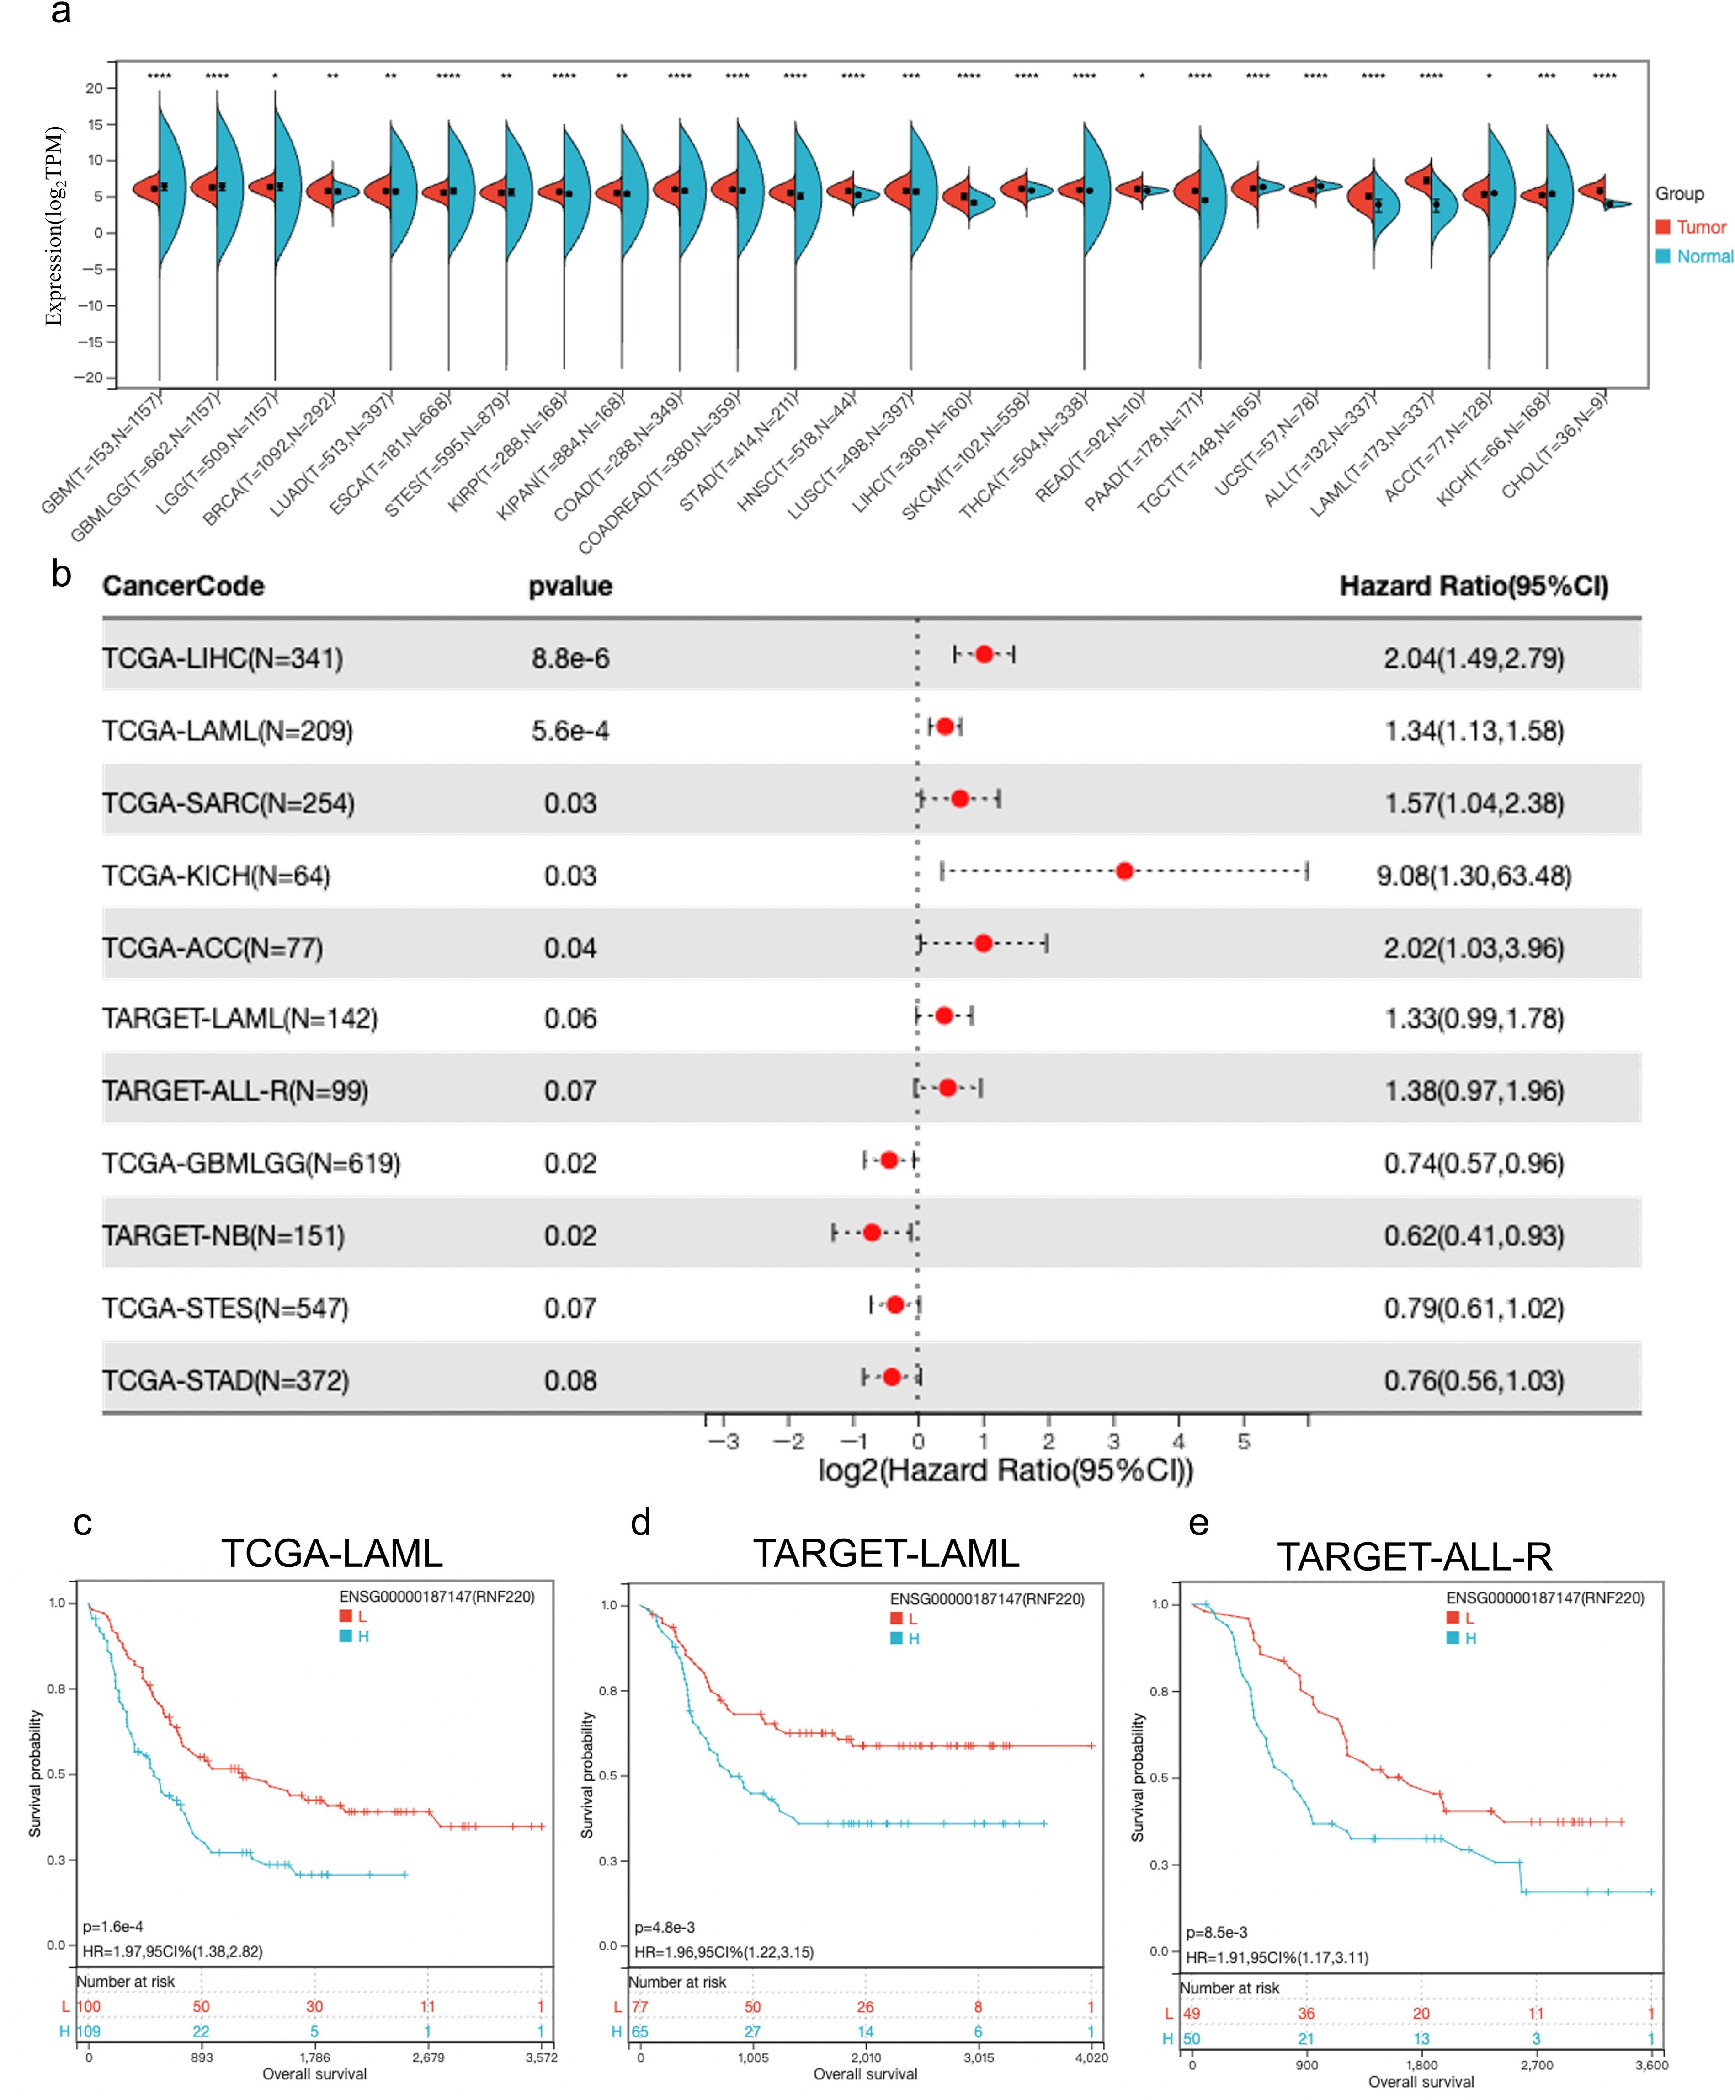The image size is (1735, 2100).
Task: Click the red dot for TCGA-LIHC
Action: click(x=985, y=654)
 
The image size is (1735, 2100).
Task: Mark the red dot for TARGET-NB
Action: click(x=872, y=1232)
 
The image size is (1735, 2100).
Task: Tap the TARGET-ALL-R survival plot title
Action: click(x=1414, y=1556)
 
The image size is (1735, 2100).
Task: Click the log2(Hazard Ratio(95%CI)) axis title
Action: click(x=1006, y=1470)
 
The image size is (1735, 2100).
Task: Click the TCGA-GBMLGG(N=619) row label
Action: click(x=251, y=1164)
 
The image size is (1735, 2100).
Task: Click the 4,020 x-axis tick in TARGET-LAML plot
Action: click(x=1091, y=2057)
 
